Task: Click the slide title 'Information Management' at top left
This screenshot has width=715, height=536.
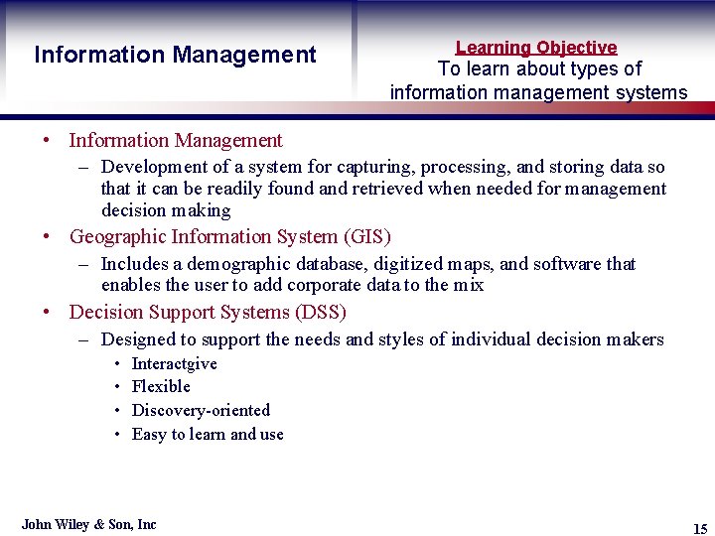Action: [175, 55]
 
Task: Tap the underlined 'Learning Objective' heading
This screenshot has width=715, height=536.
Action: [536, 47]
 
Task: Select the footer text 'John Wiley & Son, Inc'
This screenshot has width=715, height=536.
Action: [89, 524]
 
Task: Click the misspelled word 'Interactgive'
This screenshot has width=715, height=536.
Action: [174, 363]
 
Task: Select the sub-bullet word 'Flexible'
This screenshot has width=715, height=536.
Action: [161, 386]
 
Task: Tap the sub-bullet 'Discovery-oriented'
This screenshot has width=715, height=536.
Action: [201, 410]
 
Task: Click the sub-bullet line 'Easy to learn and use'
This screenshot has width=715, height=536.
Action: [208, 434]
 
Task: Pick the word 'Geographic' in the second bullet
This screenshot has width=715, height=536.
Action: [117, 236]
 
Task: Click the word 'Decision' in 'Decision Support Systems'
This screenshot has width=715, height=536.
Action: [104, 312]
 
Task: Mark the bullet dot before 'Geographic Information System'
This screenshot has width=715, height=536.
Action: [47, 237]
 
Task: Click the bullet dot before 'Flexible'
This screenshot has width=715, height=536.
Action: [117, 387]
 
